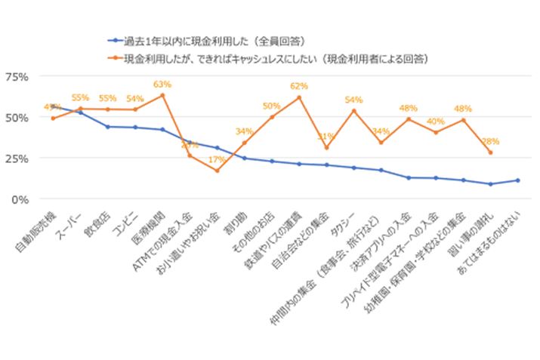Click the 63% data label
coord(162,85)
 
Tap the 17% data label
coord(217,160)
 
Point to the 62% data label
coord(298,87)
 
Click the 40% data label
coord(436,122)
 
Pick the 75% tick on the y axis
coord(17,77)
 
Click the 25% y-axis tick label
coord(17,158)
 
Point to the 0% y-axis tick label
coord(20,199)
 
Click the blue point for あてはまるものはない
coord(517,180)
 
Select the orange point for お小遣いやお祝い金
coord(217,171)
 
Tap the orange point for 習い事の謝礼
coord(490,152)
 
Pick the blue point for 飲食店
coord(107,127)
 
